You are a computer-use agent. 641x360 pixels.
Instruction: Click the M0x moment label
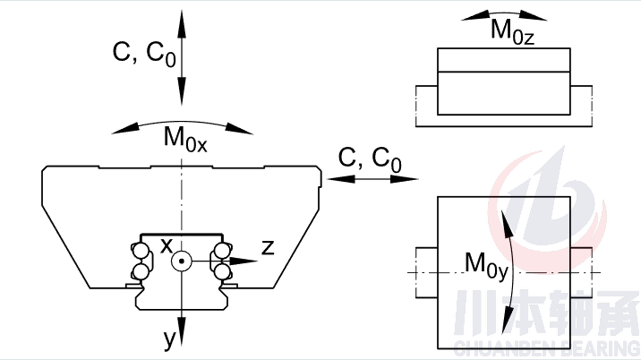pos(184,141)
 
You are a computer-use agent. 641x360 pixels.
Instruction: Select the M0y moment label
pos(486,264)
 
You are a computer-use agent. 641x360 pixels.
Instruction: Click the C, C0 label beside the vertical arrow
pos(144,55)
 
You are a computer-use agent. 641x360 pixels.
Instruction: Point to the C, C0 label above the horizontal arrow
pos(370,159)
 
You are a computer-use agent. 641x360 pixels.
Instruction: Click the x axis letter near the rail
pos(166,244)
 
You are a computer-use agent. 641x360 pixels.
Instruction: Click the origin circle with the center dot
pos(182,261)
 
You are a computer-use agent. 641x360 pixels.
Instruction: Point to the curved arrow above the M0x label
pos(184,123)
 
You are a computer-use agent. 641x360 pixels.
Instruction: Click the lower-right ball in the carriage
pos(221,271)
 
